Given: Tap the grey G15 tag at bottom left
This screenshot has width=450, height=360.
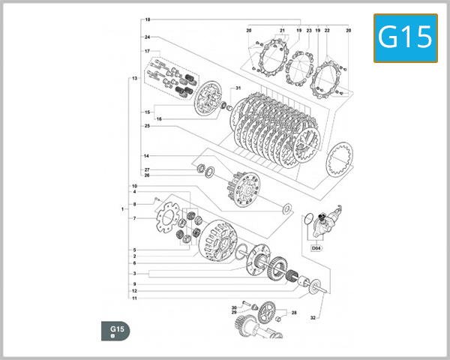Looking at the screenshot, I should point(116,330).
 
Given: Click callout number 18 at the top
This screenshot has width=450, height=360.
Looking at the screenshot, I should point(148,19).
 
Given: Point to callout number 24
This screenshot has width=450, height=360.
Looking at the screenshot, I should point(148,37).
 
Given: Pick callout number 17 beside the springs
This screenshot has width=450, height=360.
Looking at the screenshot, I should point(148,51).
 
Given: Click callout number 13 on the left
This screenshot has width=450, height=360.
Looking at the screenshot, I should point(134,78).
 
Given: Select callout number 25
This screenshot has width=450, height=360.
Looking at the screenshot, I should point(148,126).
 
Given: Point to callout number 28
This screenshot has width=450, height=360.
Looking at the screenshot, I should point(294,313).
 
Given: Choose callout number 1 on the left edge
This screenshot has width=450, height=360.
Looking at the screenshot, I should point(122,209).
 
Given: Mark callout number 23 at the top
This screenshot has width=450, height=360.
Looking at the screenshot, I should point(308,30).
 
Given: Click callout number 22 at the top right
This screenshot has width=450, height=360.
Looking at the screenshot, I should point(327,30).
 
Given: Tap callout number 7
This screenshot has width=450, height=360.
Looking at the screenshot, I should point(134,218).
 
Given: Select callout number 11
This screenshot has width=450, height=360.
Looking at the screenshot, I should point(134,298).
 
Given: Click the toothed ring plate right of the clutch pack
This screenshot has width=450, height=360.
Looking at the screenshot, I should point(341,160).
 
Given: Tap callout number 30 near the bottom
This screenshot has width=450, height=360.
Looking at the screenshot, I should point(234,307).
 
